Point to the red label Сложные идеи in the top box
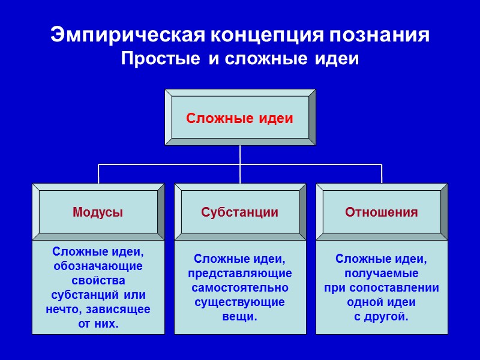[239, 118]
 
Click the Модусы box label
[98, 212]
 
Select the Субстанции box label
[239, 212]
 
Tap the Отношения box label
[381, 212]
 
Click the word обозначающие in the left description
[98, 266]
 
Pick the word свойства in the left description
[98, 281]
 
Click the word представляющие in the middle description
[240, 274]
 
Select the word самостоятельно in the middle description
[240, 288]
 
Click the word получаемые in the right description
[382, 274]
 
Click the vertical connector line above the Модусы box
[98, 173]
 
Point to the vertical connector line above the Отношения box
[382, 173]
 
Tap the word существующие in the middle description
[240, 302]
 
